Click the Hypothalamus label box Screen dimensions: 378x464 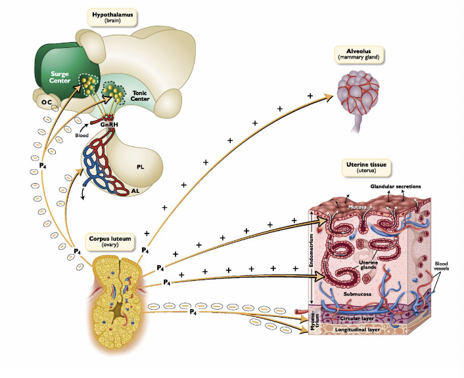(x=114, y=17)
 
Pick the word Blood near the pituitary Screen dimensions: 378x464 (x=81, y=135)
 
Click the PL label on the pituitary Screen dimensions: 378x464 (x=140, y=166)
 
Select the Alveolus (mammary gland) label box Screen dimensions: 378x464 (x=359, y=54)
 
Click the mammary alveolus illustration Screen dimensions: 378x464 (x=359, y=91)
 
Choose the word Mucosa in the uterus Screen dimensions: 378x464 (x=358, y=207)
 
